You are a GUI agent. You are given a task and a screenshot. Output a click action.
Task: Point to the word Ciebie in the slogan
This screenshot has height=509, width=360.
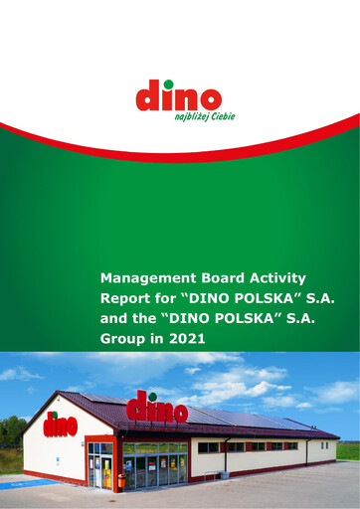coord(201,116)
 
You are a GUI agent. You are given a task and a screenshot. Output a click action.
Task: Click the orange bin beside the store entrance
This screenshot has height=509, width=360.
coord(121,480)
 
